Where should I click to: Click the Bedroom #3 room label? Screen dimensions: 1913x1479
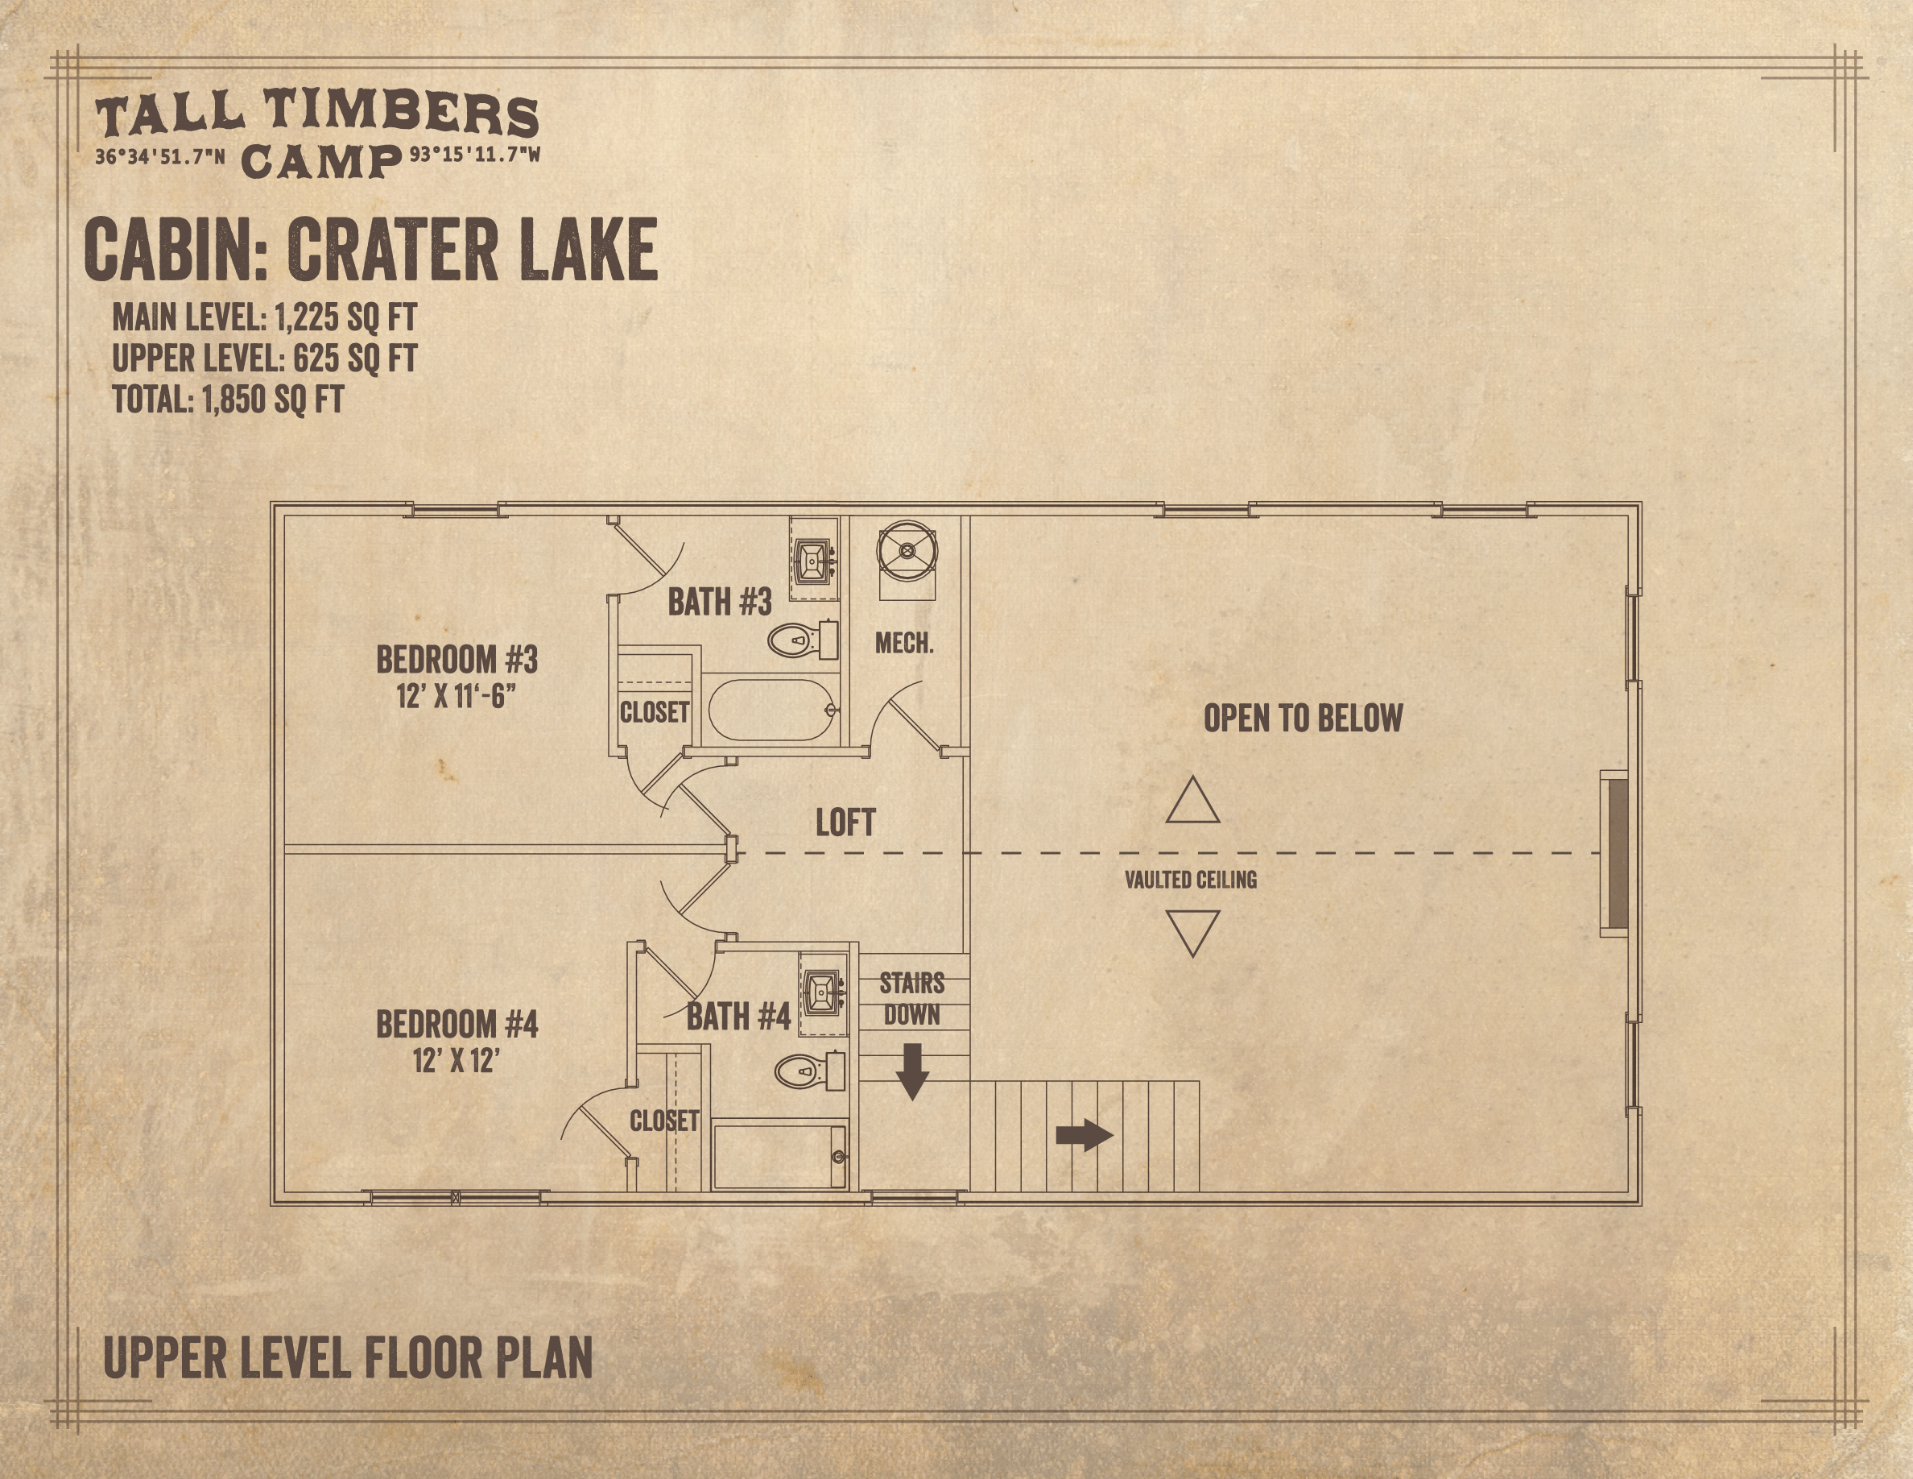point(457,660)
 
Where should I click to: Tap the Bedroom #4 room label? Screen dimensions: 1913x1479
point(457,1024)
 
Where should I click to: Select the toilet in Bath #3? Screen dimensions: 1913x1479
point(804,640)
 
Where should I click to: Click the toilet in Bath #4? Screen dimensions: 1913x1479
point(810,1071)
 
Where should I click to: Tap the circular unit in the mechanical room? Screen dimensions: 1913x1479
point(907,551)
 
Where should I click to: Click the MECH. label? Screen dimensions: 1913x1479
point(904,644)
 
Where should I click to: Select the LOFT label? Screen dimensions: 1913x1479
point(845,822)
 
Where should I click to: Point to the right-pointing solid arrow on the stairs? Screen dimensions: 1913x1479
point(1085,1136)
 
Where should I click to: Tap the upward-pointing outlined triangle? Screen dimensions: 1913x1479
point(1192,800)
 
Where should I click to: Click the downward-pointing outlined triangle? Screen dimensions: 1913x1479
point(1192,933)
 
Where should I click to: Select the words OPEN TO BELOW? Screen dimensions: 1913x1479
point(1303,719)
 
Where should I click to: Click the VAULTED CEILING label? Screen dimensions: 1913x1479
point(1190,880)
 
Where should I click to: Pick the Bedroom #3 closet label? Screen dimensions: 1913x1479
point(655,712)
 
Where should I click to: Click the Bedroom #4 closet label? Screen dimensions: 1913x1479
point(664,1121)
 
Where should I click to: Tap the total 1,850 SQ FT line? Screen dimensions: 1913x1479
point(228,400)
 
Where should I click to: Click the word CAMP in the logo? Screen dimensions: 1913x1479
point(320,162)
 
